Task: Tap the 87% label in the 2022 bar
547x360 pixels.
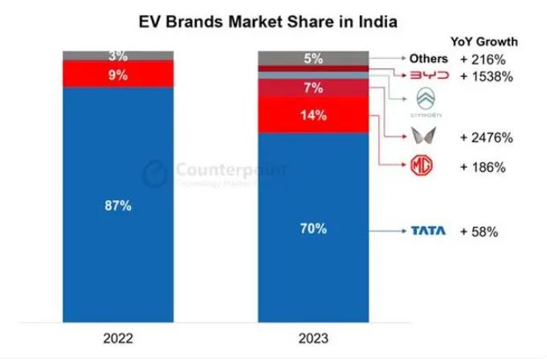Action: point(117,206)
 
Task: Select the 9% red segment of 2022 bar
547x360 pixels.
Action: point(117,74)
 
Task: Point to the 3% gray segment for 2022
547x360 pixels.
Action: point(117,55)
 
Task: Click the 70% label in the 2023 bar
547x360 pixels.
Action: point(313,228)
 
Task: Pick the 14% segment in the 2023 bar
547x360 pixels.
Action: point(313,115)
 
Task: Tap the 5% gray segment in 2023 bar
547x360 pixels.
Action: point(313,58)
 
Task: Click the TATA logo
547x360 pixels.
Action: point(429,231)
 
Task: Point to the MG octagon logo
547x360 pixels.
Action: point(423,167)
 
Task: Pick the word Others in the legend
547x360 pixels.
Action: point(428,59)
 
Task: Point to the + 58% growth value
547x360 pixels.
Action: point(480,231)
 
